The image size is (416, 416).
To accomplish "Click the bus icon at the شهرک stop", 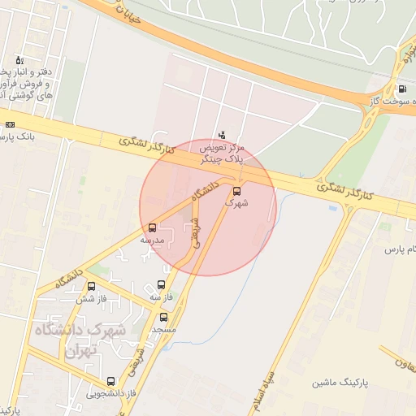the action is click(x=236, y=192).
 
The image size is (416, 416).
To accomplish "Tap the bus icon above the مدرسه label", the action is click(x=152, y=227).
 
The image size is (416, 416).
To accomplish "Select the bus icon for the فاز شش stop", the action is click(x=91, y=286).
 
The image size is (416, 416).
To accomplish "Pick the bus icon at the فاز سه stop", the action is click(x=160, y=285).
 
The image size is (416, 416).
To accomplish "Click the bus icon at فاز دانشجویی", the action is click(x=111, y=380).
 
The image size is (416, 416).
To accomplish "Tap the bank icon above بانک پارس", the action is click(x=10, y=124).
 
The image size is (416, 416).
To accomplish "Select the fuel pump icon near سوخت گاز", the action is click(x=401, y=89).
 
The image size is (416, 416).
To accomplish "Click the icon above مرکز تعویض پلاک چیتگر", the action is click(x=223, y=134).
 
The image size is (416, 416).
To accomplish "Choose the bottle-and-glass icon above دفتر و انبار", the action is click(x=19, y=60).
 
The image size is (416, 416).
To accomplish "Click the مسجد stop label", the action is click(x=163, y=330).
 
